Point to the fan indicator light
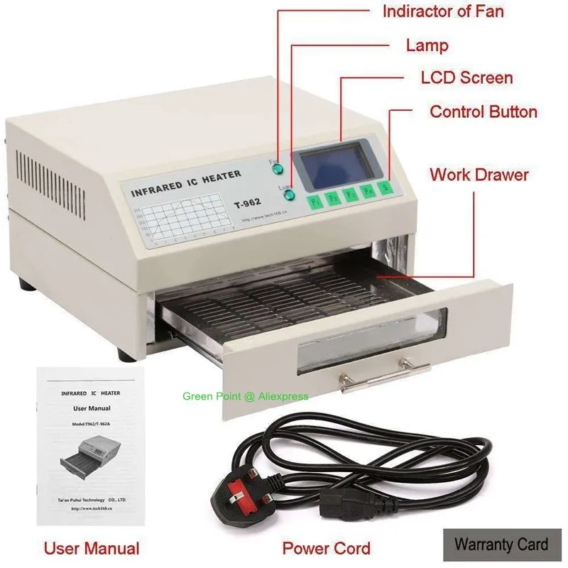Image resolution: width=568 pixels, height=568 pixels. [278, 170]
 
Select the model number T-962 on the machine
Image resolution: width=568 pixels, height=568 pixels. [248, 203]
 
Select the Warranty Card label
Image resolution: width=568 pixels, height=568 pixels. [501, 545]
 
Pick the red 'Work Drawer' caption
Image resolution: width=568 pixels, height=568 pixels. [479, 174]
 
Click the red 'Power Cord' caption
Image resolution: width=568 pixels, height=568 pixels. [326, 548]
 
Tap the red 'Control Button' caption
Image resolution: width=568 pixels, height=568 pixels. [484, 111]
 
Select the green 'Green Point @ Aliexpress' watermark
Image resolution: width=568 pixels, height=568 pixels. [246, 396]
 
